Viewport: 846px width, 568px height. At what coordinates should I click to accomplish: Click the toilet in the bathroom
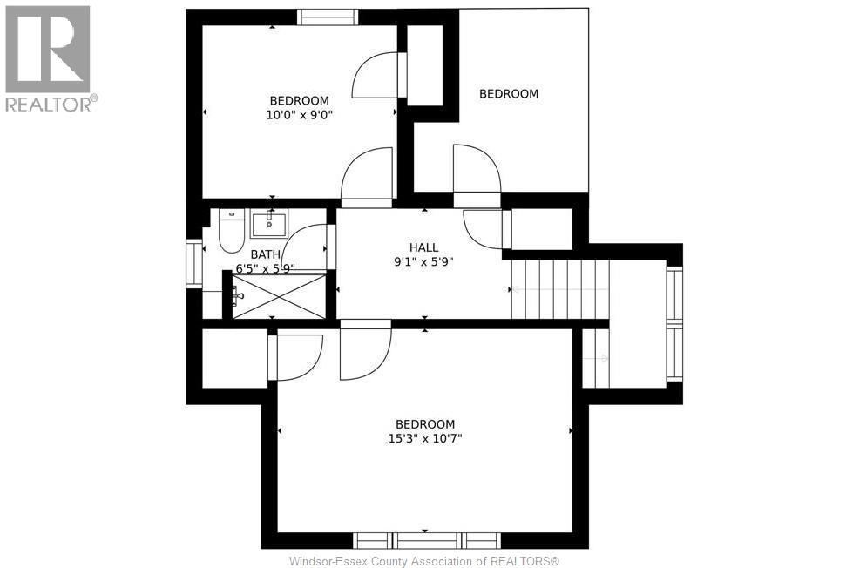[x=232, y=231]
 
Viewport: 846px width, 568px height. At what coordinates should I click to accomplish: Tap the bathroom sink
[x=268, y=223]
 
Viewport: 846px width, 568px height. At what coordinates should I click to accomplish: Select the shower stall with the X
[x=279, y=295]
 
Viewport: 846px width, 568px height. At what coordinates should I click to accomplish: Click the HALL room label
[x=423, y=247]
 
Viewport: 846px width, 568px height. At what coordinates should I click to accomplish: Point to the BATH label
[x=266, y=254]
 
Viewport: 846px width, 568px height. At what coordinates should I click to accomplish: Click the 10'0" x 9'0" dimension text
[x=300, y=115]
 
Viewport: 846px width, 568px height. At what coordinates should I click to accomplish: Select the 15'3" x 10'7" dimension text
[x=425, y=438]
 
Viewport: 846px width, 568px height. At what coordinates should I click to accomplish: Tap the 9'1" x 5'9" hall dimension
[x=423, y=262]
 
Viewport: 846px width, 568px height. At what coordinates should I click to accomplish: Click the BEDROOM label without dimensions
[x=509, y=94]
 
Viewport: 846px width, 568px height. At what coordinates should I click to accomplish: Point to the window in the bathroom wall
[x=193, y=264]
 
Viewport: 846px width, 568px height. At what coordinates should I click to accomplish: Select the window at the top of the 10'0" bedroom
[x=328, y=17]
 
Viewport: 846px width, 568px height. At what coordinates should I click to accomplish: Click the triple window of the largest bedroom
[x=427, y=540]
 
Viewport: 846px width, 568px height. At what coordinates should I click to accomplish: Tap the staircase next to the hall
[x=560, y=289]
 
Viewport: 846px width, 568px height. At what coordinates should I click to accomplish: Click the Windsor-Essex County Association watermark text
[x=424, y=561]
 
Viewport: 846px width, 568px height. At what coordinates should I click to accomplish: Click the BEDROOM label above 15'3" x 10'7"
[x=425, y=424]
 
